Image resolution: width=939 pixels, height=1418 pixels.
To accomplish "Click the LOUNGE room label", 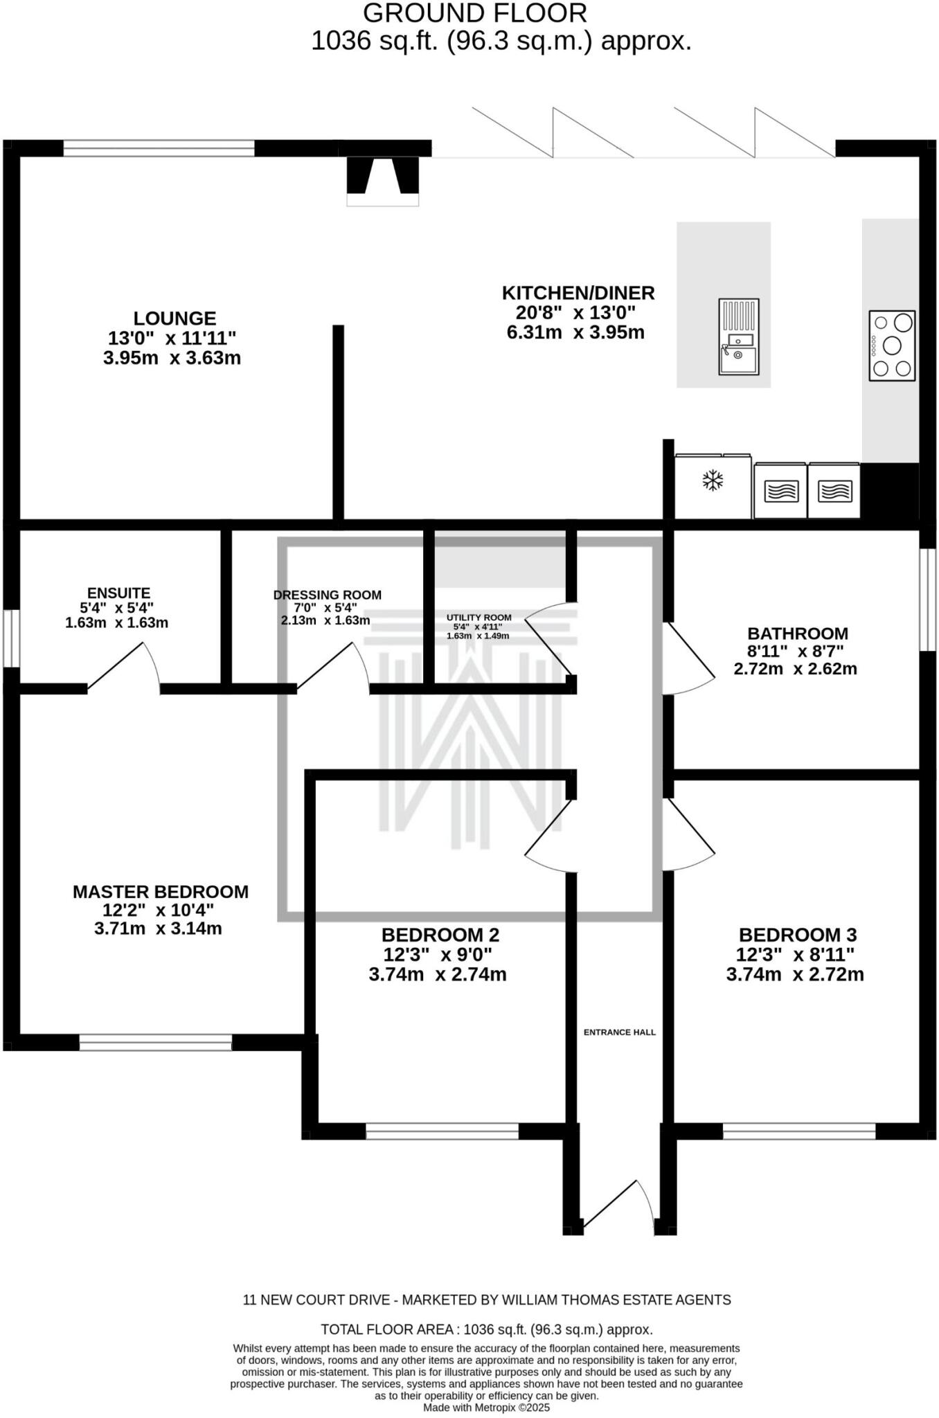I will pos(175,318).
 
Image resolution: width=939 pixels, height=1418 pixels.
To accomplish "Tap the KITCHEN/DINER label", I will pos(578,293).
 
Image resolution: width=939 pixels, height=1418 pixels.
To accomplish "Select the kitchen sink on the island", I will pos(738,336).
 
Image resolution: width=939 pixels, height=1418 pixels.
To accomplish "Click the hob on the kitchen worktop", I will pos(892,345).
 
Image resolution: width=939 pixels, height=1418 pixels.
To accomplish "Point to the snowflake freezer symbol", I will pos(713,481).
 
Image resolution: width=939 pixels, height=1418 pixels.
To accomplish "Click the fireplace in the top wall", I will pos(382,179).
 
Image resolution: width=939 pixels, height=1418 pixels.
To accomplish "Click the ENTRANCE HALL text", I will pos(619,1032).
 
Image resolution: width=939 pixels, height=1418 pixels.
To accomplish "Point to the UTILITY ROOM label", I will pos(479,618).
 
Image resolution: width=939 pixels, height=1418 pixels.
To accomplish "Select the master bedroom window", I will pos(155,1043).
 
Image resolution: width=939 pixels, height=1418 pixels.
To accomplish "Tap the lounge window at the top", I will pos(159,148).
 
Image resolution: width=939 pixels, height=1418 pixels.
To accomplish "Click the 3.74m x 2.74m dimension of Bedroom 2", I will pos(438,975).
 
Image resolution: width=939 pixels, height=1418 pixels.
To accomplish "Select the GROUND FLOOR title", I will pos(474,13).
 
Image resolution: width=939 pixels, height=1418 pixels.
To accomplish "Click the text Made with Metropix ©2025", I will pos(486,1408).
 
